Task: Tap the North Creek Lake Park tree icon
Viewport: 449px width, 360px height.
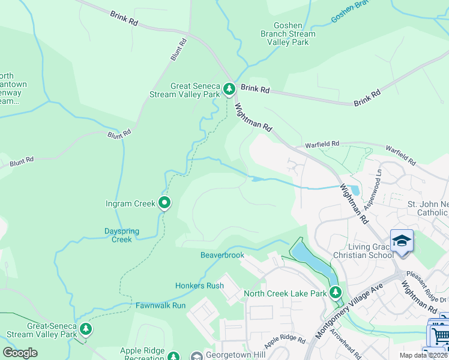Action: (336, 293)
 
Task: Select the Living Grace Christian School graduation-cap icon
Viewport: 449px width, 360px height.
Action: (402, 241)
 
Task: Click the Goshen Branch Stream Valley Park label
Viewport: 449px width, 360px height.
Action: (286, 34)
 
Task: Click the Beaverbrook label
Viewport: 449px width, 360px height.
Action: (222, 255)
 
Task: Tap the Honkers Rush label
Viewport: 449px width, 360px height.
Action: (199, 286)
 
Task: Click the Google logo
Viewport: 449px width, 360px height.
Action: (20, 353)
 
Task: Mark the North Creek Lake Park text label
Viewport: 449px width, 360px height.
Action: (285, 293)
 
